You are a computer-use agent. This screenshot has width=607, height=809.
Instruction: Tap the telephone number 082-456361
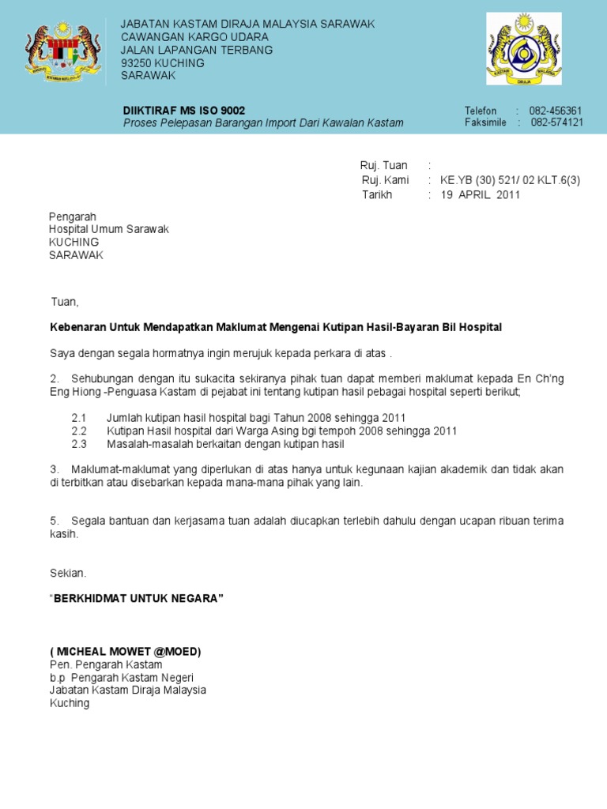click(x=556, y=111)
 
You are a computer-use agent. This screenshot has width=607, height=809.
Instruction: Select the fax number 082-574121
click(x=556, y=122)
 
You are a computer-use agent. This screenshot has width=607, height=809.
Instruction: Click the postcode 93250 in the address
click(x=138, y=62)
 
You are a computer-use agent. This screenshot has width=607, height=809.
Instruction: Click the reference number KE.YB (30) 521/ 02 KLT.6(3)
click(x=511, y=180)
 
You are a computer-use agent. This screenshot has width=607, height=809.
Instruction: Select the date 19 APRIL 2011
click(x=481, y=195)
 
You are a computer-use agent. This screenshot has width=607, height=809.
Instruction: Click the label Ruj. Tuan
click(x=384, y=165)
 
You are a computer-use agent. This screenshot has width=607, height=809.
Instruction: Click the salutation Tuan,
click(x=66, y=302)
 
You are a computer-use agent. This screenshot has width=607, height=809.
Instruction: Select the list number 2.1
click(x=78, y=416)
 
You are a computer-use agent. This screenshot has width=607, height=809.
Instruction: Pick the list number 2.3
click(x=78, y=445)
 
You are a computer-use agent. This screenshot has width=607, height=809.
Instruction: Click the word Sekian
click(x=68, y=573)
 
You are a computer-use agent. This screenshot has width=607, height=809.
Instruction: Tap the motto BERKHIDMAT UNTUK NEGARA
click(x=137, y=598)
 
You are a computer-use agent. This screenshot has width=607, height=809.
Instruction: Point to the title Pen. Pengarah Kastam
click(x=105, y=664)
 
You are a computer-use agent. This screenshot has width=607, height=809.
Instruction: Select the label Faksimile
click(x=484, y=122)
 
